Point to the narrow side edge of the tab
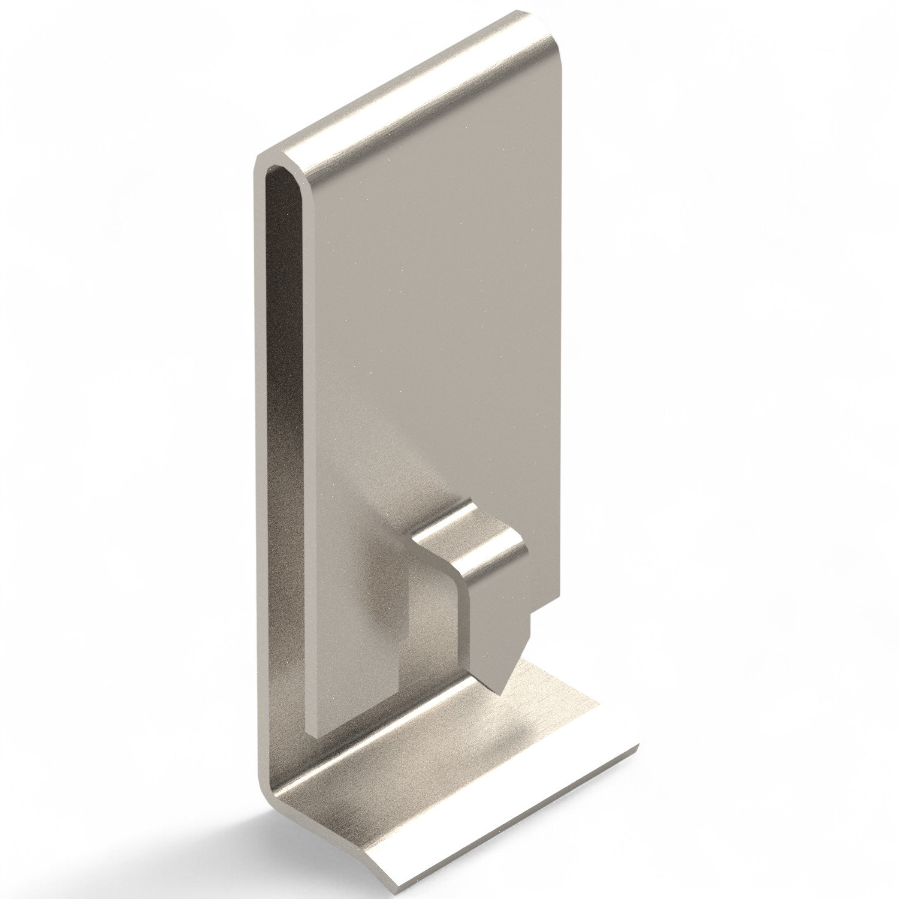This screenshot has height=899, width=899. [463, 617]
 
